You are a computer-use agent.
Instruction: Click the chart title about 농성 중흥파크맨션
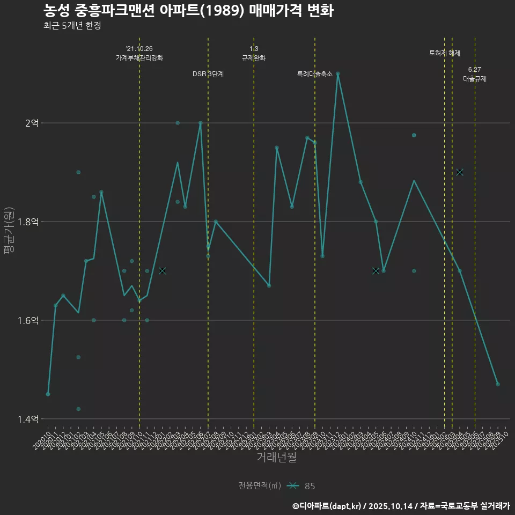(188, 11)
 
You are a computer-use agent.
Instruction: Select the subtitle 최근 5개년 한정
(72, 26)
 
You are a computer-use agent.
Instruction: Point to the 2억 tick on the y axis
(32, 123)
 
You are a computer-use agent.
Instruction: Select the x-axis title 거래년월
(276, 457)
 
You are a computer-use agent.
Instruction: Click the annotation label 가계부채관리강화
(139, 58)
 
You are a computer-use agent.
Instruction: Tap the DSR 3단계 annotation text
(208, 74)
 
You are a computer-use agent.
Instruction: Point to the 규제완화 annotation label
(254, 58)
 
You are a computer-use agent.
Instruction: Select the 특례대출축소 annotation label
(315, 74)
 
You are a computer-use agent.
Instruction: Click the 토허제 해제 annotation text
(445, 53)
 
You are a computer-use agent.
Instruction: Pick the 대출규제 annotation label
(475, 79)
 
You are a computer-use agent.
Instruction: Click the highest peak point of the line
(338, 73)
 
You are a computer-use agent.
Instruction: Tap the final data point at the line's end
(498, 384)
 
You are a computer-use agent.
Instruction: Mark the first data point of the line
(48, 394)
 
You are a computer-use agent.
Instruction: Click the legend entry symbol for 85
(292, 486)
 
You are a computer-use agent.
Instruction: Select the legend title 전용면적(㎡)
(260, 486)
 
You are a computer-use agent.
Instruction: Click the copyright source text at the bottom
(401, 505)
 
